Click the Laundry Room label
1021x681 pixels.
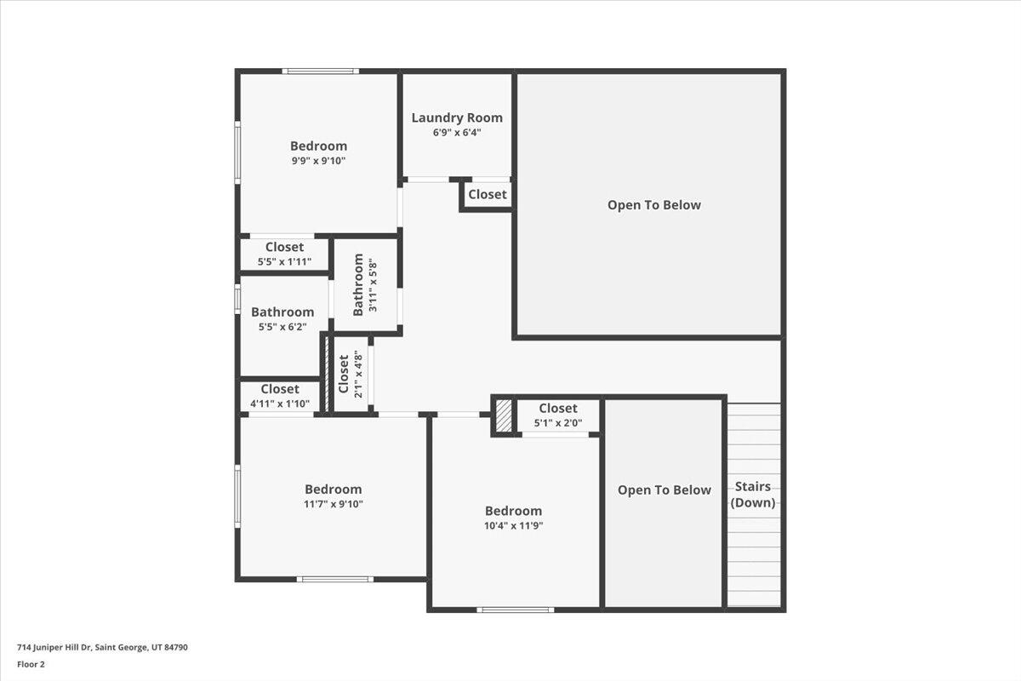(x=457, y=118)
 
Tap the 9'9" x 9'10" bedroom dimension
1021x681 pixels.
(x=318, y=160)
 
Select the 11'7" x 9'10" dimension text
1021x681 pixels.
(x=333, y=504)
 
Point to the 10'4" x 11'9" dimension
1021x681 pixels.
(x=513, y=525)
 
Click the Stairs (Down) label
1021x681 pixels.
(x=754, y=495)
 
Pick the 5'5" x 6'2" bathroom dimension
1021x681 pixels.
(x=282, y=326)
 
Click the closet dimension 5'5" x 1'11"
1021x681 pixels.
(x=284, y=261)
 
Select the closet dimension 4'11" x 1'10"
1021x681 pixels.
(x=280, y=403)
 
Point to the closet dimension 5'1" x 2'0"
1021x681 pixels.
(x=558, y=422)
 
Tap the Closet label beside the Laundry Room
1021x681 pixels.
(x=488, y=194)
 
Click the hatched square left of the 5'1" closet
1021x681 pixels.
(x=504, y=417)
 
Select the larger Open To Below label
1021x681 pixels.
(x=654, y=205)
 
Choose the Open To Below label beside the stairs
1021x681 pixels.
(x=665, y=489)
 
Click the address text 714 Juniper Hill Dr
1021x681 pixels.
(x=103, y=648)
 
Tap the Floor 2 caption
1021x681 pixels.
(x=31, y=664)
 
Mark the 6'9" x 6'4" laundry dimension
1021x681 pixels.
(x=457, y=133)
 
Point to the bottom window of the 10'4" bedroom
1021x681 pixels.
(x=516, y=609)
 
